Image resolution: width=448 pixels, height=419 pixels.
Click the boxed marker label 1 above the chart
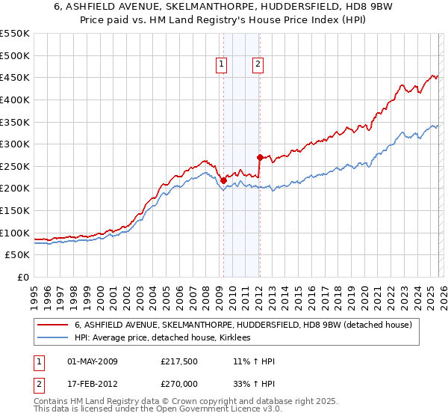(x=223, y=65)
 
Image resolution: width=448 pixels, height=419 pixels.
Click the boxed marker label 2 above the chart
(x=258, y=65)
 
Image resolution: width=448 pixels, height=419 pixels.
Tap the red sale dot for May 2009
(x=223, y=180)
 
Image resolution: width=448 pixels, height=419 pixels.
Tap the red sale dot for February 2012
(x=260, y=157)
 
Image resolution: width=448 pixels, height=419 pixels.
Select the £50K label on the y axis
(x=18, y=255)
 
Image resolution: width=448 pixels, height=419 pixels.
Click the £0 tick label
(x=23, y=277)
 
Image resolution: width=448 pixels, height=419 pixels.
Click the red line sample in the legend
(x=53, y=325)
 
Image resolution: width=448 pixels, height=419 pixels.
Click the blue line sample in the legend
(x=53, y=338)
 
